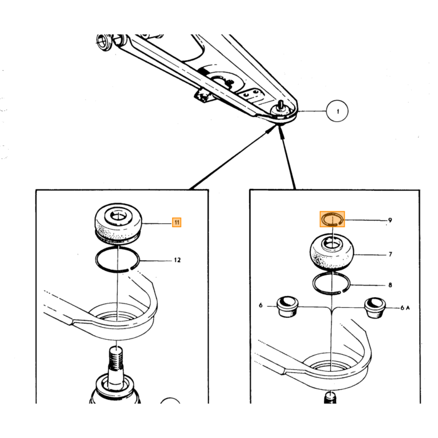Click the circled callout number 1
(x=337, y=111)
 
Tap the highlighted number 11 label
(x=176, y=222)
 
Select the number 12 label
(x=177, y=260)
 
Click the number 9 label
(x=390, y=220)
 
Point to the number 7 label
(x=390, y=254)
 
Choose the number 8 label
(x=390, y=285)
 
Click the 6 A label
(x=405, y=308)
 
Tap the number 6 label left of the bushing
(x=261, y=305)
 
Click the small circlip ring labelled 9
(x=324, y=222)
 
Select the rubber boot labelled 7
(x=332, y=253)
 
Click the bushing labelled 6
(x=287, y=307)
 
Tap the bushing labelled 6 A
(x=375, y=308)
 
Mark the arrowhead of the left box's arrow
(x=272, y=128)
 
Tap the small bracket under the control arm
(x=203, y=96)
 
